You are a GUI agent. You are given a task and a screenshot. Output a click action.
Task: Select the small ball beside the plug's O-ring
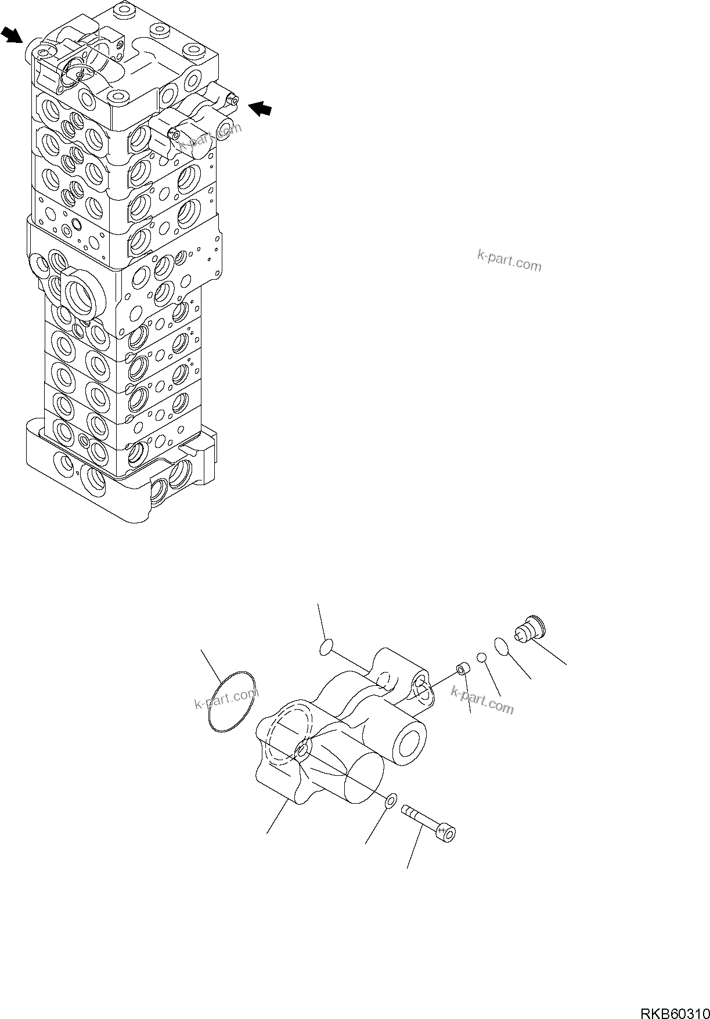tap(481, 657)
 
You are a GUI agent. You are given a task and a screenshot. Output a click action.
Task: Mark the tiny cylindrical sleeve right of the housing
tap(463, 670)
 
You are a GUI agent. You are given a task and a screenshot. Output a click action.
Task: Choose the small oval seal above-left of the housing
tap(327, 648)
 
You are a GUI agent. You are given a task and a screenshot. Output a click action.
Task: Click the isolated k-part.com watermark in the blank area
tap(509, 261)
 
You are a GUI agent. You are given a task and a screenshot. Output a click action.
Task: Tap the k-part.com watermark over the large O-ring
tap(226, 699)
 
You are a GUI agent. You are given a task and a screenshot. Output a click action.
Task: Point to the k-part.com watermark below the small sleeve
tap(482, 699)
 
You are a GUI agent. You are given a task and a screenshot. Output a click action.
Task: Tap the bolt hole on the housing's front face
tap(302, 752)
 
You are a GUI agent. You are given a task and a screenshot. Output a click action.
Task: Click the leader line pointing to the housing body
tap(277, 818)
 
